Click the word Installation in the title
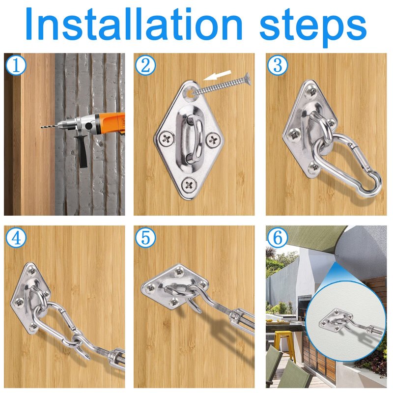pos(134,24)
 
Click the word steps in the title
pos(313,28)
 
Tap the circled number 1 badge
pos(16,66)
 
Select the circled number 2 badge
pos(145,66)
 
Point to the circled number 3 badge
pos(278,66)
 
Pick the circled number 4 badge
pos(16,238)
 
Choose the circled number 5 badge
pos(145,238)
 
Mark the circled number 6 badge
pos(278,238)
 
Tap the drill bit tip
pos(42,127)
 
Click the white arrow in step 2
pos(217,75)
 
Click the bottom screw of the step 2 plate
pos(189,185)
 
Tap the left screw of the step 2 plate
pos(167,138)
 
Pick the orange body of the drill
pos(113,123)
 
